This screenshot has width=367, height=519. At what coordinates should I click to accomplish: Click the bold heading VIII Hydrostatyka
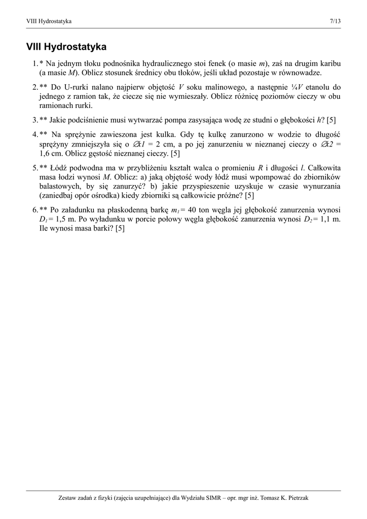pos(66,47)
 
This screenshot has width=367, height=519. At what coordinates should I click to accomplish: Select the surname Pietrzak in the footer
pos(295,498)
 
